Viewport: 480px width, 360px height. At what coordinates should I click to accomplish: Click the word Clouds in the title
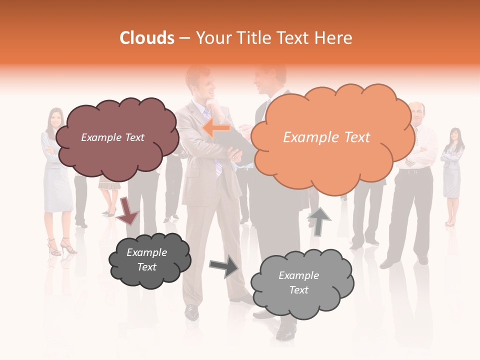(147, 38)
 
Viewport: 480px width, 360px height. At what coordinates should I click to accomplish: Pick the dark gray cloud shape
(149, 259)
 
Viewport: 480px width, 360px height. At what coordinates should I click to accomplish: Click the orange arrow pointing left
(216, 128)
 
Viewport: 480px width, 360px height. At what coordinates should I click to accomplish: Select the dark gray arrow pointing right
(224, 266)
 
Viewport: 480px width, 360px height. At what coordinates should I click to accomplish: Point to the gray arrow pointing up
(318, 221)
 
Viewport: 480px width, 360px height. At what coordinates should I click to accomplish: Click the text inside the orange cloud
(326, 137)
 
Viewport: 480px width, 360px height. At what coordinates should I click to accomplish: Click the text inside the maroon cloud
(112, 137)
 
